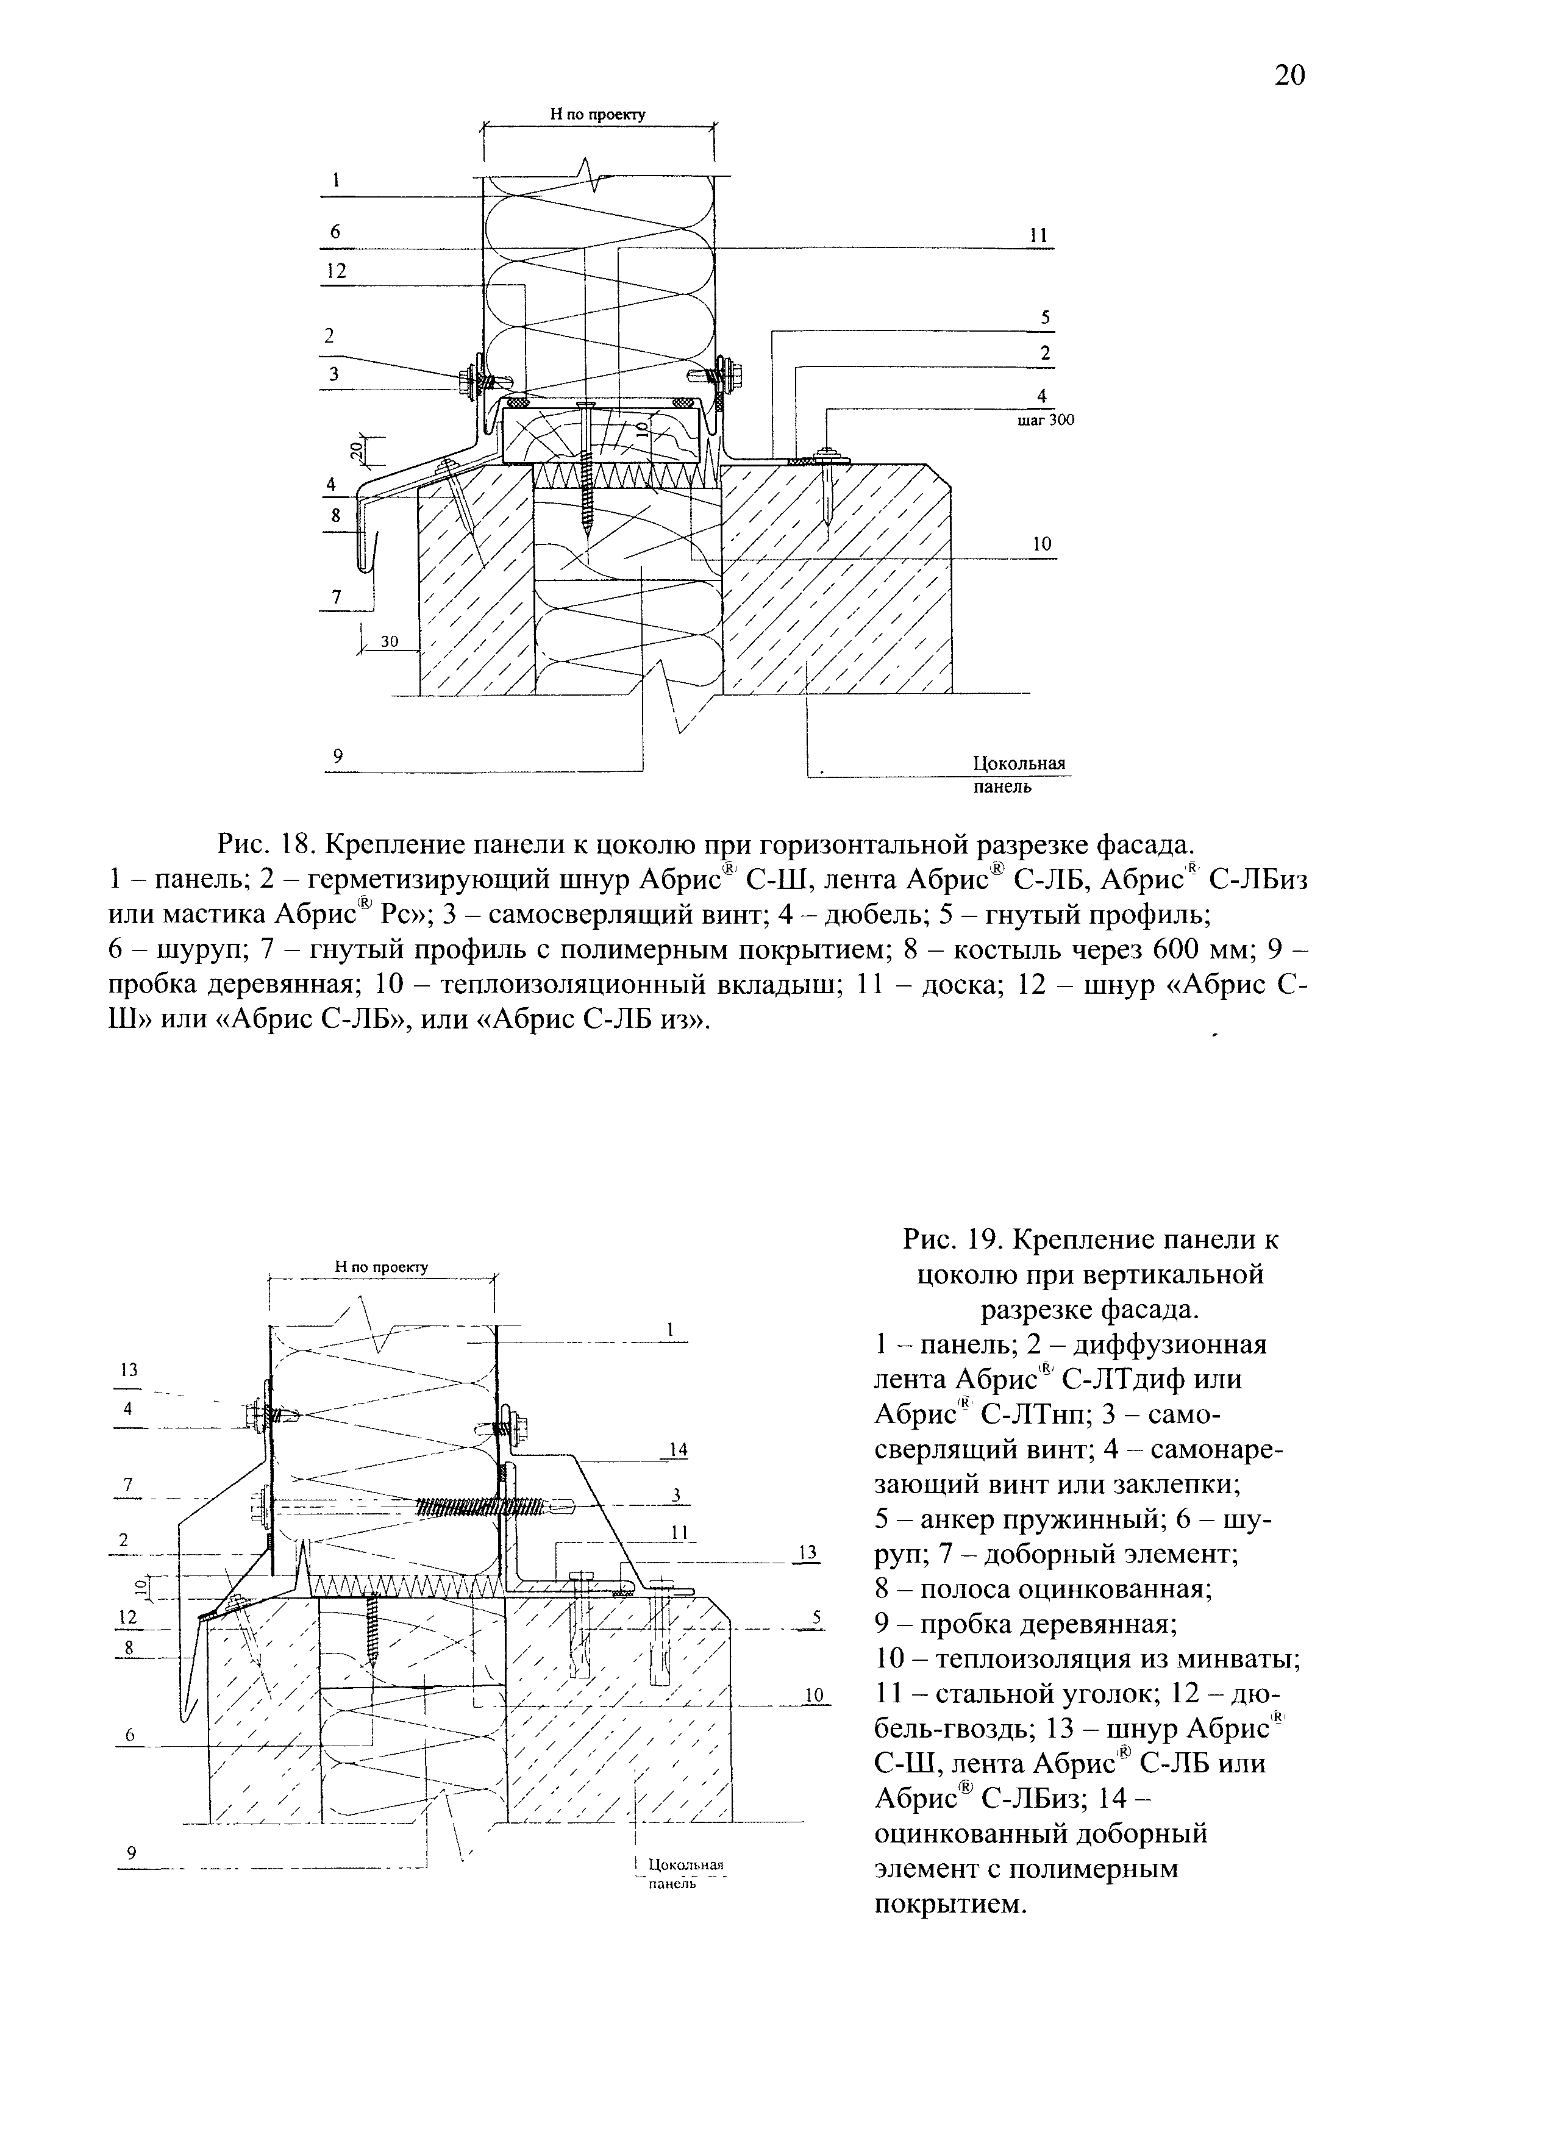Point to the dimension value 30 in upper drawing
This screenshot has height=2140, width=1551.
[x=390, y=641]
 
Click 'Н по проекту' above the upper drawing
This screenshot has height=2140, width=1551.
[x=597, y=114]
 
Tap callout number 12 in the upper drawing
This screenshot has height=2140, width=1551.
[x=336, y=271]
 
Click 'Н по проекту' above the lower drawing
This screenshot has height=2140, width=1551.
[x=381, y=1266]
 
